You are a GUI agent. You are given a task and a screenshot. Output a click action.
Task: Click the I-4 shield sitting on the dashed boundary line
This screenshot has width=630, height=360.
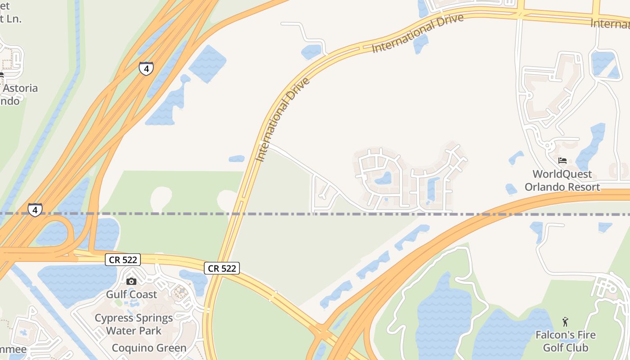pos(35,210)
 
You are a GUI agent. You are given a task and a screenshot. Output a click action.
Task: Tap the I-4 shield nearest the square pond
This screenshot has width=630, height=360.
pos(146,68)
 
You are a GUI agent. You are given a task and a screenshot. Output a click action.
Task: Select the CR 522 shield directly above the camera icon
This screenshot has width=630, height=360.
pos(123,260)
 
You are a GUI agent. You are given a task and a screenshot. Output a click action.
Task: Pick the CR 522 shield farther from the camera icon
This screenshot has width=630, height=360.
pos(222,268)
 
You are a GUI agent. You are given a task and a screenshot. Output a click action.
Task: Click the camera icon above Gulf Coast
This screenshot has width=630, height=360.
pos(131,281)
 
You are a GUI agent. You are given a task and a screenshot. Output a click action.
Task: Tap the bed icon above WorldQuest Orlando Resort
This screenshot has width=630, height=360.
pos(562,161)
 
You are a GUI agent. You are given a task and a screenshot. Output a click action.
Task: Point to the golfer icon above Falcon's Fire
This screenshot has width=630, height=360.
pos(565,322)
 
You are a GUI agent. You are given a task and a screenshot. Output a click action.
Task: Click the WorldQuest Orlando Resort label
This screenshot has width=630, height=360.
pos(562,180)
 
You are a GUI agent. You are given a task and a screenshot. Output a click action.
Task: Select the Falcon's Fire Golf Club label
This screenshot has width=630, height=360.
pos(565,341)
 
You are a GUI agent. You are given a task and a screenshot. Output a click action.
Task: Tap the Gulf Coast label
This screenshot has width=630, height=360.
pos(131,294)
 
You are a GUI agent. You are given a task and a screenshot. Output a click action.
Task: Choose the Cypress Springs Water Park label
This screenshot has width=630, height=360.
pos(134,324)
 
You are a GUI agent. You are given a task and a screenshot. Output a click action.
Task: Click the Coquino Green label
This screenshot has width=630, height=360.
pos(149,348)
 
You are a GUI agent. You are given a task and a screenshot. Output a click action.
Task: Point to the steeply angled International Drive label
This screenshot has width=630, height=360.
pos(283,120)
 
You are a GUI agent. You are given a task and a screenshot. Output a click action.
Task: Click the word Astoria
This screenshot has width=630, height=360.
pos(20,88)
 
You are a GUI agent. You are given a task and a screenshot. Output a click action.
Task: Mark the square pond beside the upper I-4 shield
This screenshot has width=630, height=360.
pos(207,63)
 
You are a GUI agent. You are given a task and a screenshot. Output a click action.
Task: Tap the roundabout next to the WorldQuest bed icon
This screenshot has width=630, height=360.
pos(548,145)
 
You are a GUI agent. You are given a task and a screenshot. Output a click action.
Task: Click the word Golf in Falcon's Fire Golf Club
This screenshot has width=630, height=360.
pos(553,348)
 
